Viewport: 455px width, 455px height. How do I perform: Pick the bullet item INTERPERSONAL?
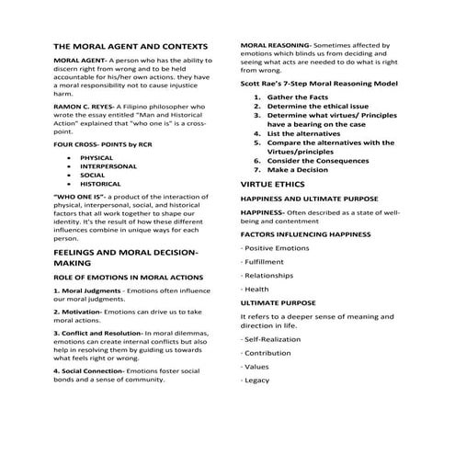[x=109, y=165]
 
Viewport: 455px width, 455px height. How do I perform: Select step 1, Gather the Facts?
[x=298, y=97]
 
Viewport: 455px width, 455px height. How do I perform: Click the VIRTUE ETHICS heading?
[x=276, y=184]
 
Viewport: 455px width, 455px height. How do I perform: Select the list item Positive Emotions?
[x=275, y=248]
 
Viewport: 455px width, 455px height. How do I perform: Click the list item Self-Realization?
[x=273, y=340]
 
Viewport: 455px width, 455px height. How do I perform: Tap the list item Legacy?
[x=256, y=380]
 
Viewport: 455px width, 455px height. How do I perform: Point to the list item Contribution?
[x=268, y=353]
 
